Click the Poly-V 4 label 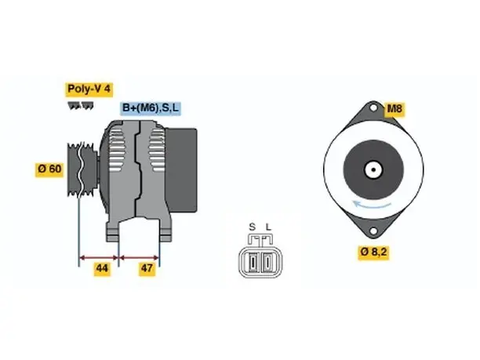[x=89, y=89]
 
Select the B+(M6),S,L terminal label [x=151, y=108]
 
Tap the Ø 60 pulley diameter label [x=49, y=169]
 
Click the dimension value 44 [x=102, y=268]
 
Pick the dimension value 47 [x=147, y=268]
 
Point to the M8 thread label [x=395, y=109]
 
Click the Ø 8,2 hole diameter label [x=374, y=253]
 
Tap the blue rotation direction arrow [x=372, y=204]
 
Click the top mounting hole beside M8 [x=373, y=107]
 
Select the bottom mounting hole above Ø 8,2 [x=373, y=231]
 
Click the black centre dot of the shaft [x=373, y=169]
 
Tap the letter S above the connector [x=253, y=227]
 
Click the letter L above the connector [x=268, y=227]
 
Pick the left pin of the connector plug [x=253, y=262]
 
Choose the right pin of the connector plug [x=267, y=262]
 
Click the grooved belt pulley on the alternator [x=82, y=169]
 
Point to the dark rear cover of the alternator [x=180, y=170]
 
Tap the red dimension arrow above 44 [x=99, y=258]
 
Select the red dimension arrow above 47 [x=139, y=258]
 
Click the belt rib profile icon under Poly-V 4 [x=81, y=106]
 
